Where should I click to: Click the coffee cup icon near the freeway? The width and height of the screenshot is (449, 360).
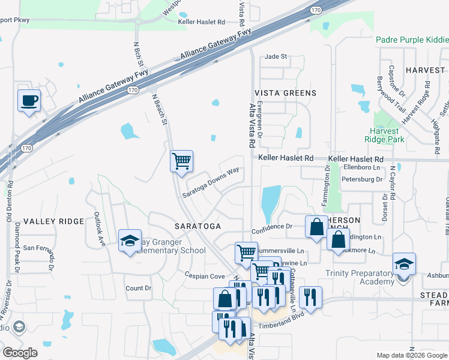pyautogui.click(x=28, y=100)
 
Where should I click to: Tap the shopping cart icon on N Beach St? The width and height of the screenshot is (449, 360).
pyautogui.click(x=181, y=161)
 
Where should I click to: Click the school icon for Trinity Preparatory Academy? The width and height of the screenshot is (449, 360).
pyautogui.click(x=404, y=264)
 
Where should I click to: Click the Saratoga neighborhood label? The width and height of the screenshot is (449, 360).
pyautogui.click(x=197, y=226)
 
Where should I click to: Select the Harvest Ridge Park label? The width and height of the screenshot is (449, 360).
pyautogui.click(x=384, y=135)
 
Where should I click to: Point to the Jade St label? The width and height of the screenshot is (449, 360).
pyautogui.click(x=276, y=56)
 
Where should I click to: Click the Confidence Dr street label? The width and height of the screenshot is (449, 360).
pyautogui.click(x=271, y=227)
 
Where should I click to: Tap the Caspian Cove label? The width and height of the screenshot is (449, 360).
pyautogui.click(x=205, y=277)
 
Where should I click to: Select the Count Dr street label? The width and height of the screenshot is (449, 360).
pyautogui.click(x=139, y=289)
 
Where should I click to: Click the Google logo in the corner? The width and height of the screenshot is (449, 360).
pyautogui.click(x=20, y=353)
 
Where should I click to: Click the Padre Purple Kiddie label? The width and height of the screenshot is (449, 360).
pyautogui.click(x=412, y=40)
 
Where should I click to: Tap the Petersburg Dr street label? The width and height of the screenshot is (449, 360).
pyautogui.click(x=361, y=179)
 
